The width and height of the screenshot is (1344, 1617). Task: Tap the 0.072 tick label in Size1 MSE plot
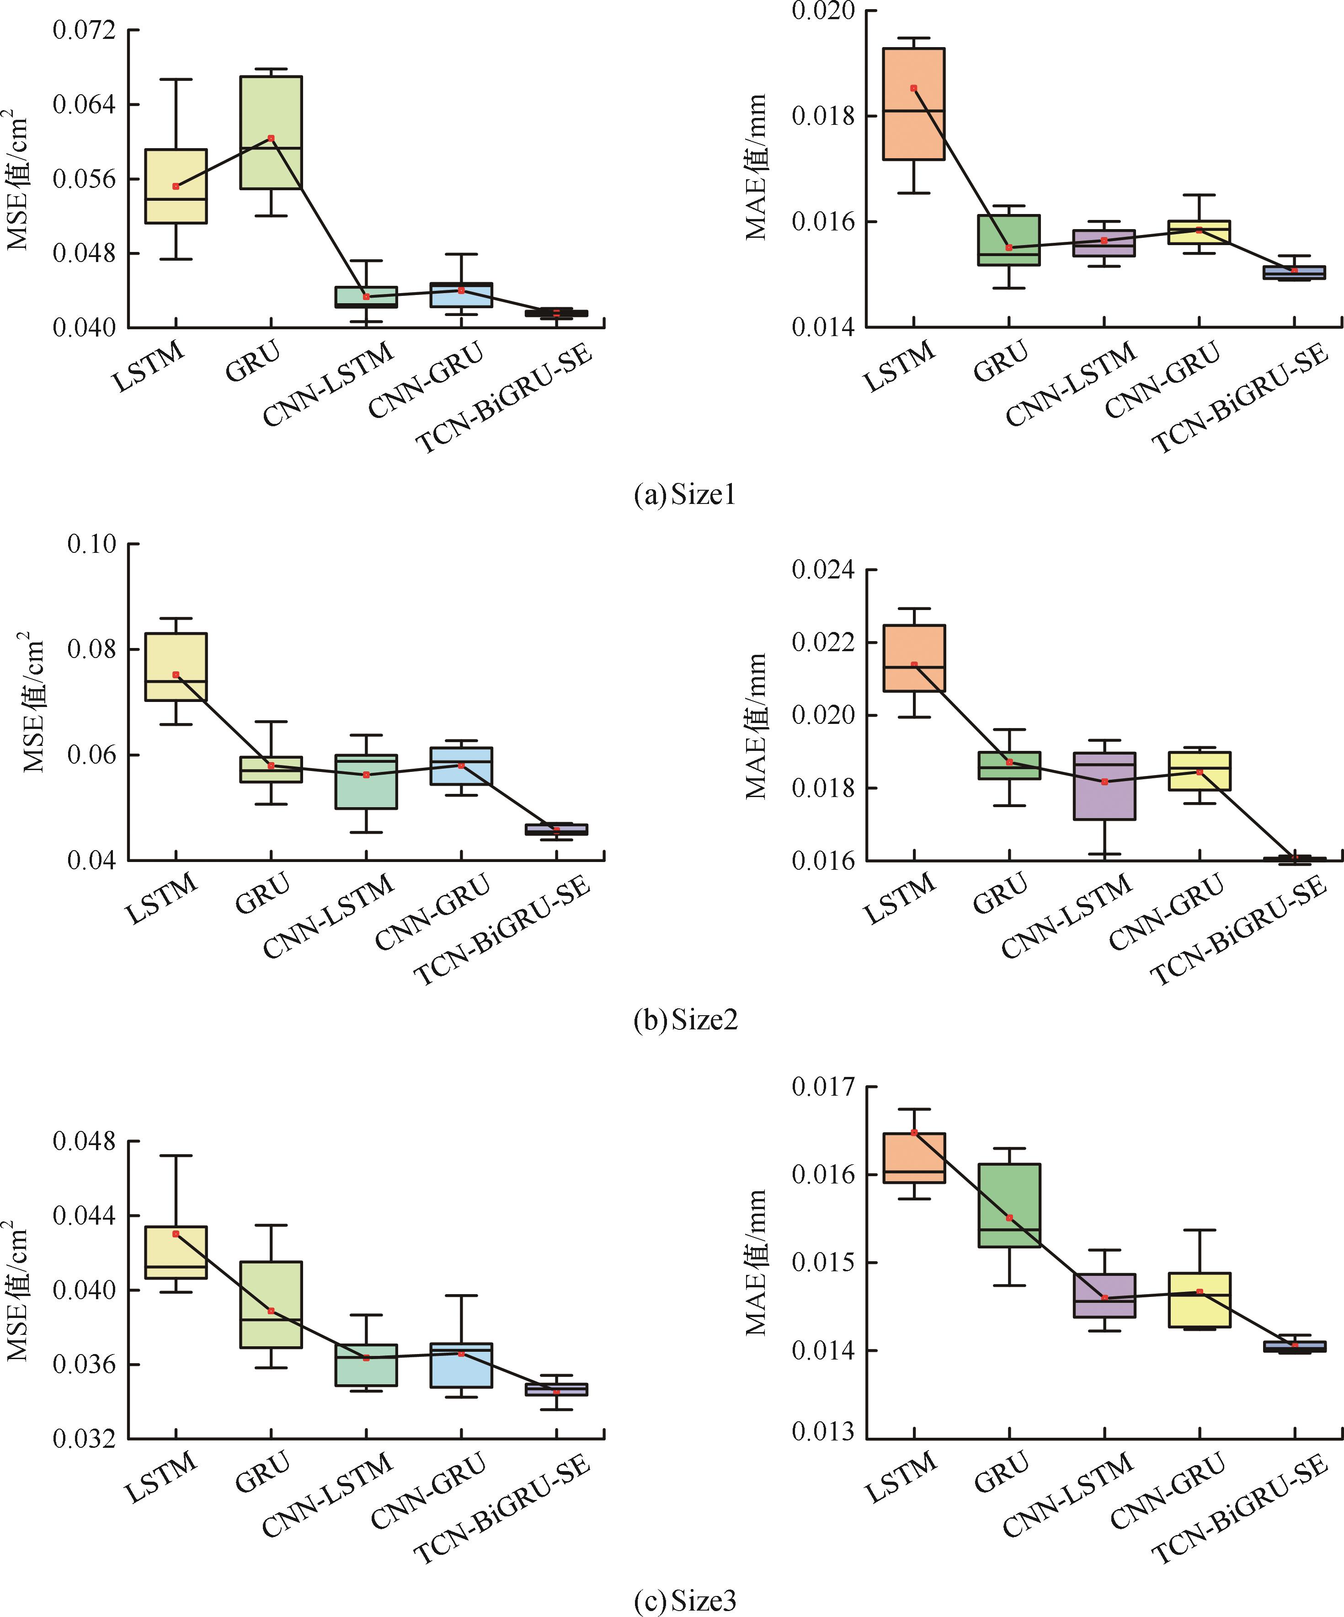pyautogui.click(x=84, y=30)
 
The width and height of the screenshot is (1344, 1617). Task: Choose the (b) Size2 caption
pyautogui.click(x=685, y=1020)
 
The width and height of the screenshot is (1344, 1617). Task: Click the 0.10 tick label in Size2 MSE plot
pyautogui.click(x=91, y=544)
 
